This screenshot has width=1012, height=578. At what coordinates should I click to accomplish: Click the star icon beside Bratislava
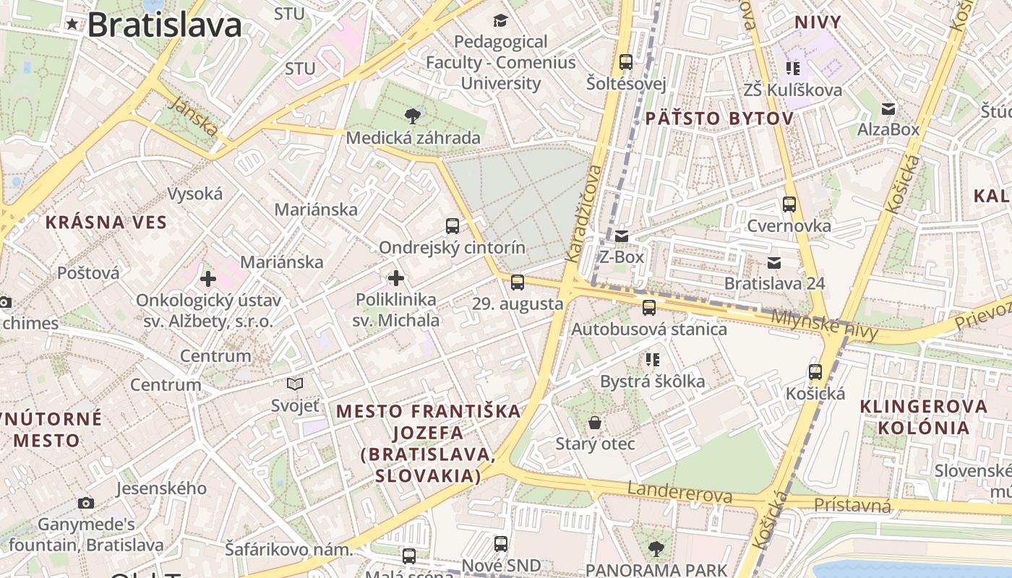(72, 25)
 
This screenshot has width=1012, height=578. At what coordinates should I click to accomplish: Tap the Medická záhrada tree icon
(413, 116)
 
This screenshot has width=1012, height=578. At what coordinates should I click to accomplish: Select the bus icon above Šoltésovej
(626, 62)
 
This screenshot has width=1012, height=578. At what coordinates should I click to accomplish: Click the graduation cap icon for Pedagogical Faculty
(500, 20)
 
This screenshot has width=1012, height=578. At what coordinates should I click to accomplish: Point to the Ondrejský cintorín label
(453, 247)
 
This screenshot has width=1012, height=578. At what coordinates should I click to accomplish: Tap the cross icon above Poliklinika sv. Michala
(396, 278)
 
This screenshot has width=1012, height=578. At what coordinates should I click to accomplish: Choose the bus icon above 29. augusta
(518, 282)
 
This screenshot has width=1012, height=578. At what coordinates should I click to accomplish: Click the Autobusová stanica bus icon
(649, 308)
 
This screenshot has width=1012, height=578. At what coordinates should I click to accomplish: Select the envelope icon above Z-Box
(622, 236)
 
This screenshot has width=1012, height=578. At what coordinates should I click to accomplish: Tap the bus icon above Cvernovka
(789, 204)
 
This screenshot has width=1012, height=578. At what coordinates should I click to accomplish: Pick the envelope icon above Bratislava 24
(774, 262)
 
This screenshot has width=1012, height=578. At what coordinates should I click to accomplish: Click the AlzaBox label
(888, 129)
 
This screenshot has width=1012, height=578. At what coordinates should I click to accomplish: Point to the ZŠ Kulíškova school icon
(793, 69)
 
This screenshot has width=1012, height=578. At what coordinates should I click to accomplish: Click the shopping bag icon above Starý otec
(595, 422)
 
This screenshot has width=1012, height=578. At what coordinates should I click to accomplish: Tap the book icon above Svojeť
(295, 384)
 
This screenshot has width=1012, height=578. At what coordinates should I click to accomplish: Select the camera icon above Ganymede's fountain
(86, 503)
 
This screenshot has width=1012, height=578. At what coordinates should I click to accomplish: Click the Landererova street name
(679, 493)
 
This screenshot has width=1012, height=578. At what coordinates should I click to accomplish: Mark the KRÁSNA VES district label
(106, 222)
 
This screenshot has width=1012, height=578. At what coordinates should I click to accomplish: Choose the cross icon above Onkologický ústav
(208, 278)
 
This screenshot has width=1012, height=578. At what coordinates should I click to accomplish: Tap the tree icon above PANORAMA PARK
(656, 549)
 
